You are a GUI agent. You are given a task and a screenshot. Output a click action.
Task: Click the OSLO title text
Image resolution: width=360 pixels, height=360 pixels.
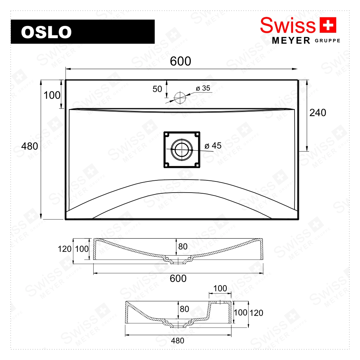46,32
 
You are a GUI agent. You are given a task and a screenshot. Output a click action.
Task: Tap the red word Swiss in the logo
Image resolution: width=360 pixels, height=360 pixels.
288,25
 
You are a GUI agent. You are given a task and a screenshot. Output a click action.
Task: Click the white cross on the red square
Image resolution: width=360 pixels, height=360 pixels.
328,25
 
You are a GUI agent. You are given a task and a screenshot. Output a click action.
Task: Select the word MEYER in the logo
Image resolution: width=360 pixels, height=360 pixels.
291,41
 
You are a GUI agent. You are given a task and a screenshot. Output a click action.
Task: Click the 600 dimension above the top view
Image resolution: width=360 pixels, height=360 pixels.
180,62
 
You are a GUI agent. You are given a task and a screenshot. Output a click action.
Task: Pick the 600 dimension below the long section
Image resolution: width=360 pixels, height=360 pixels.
178,278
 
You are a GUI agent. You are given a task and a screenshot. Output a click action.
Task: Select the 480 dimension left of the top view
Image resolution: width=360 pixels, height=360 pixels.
30,146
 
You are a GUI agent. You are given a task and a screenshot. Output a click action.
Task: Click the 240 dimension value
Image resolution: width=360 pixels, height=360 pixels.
318,113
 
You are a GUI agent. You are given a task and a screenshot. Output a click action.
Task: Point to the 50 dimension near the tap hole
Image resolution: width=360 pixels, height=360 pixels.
157,89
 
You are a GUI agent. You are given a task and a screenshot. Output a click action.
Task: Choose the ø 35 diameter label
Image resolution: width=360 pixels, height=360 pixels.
203,88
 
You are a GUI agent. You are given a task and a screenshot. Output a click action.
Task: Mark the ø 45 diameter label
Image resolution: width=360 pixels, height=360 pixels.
213,146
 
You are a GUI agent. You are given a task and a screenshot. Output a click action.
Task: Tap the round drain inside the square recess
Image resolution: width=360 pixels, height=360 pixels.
182,150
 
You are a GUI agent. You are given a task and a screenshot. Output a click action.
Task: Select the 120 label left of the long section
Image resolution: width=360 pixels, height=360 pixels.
64,249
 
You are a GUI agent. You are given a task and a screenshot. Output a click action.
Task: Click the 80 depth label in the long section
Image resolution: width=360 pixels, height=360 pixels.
183,247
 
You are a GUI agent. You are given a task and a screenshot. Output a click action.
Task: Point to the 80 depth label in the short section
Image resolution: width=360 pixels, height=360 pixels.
184,309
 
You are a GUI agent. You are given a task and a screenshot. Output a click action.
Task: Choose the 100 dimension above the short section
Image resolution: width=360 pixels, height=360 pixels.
220,288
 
